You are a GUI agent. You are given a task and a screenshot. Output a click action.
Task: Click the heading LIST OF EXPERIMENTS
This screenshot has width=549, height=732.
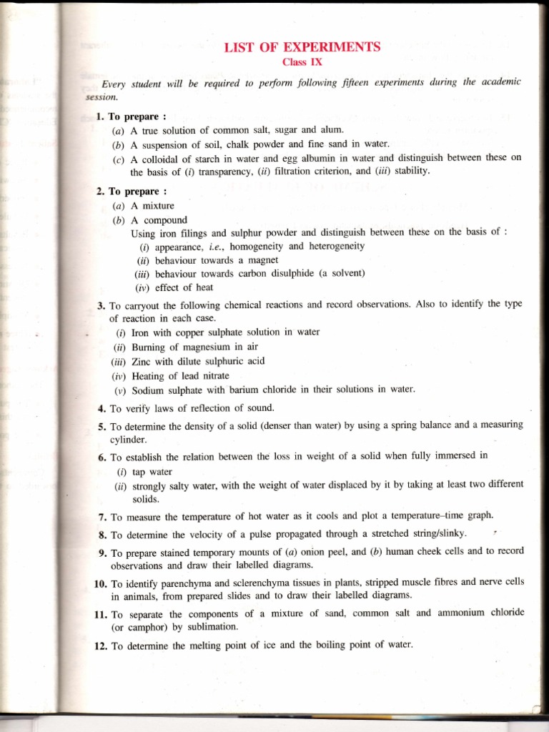pos(302,48)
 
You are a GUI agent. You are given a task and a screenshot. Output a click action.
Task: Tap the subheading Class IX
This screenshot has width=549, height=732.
pos(302,61)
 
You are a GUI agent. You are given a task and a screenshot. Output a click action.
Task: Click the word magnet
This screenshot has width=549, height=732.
pos(262,260)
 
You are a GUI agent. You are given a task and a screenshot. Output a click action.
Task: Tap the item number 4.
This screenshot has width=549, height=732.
pos(102,408)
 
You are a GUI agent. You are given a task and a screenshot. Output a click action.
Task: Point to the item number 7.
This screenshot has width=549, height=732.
pos(102,516)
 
